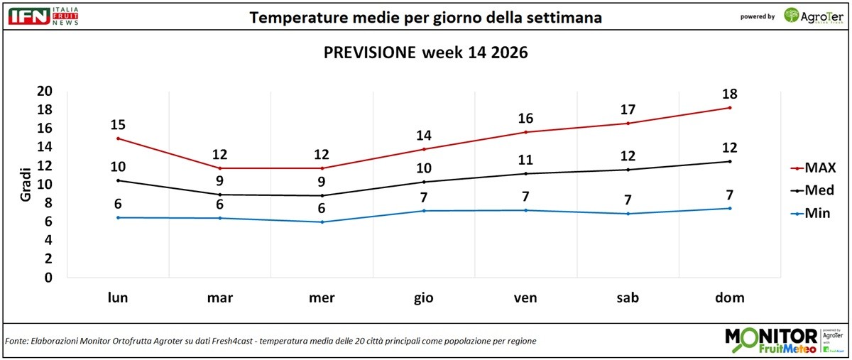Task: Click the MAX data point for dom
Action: [730, 108]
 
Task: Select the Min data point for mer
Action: [322, 222]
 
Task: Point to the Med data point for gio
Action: [424, 182]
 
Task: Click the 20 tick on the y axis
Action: [45, 91]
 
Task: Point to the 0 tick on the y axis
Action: [48, 278]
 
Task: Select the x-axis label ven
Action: [525, 298]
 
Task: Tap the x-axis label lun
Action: [118, 298]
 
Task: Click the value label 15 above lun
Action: [118, 125]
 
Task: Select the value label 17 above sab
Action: [628, 109]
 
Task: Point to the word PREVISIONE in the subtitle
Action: [369, 53]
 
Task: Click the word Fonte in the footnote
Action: [16, 342]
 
